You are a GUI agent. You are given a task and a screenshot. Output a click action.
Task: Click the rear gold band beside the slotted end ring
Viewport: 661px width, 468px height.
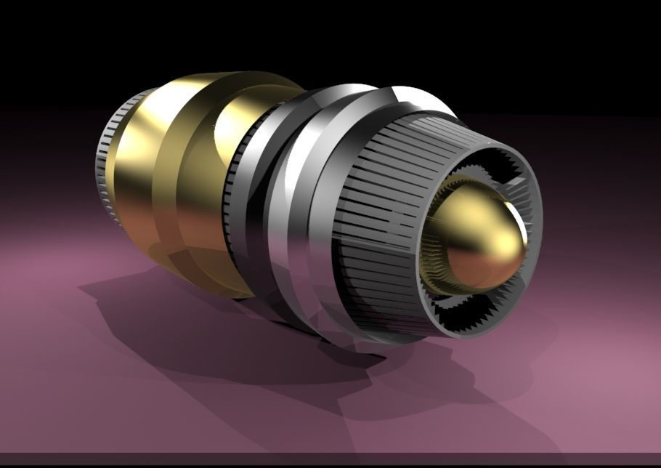(x=134, y=167)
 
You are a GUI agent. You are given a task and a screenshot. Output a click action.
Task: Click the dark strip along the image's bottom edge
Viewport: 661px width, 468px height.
(x=330, y=461)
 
